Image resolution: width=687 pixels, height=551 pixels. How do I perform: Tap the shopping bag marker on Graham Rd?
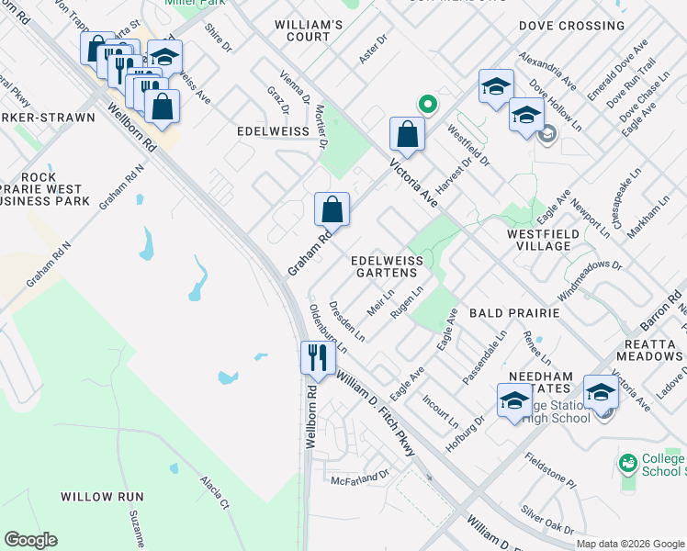[x=332, y=209]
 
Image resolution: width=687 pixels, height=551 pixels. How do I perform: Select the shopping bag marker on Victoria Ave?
[x=407, y=134]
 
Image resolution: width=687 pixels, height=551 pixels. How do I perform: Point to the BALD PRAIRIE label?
[x=513, y=313]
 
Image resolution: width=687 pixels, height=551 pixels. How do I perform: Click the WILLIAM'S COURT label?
[x=309, y=30]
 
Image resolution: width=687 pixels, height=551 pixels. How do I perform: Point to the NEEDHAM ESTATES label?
[x=542, y=383]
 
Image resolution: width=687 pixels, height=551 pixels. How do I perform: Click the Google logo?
[x=31, y=540]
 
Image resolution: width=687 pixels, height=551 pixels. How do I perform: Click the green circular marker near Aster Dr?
[x=426, y=105]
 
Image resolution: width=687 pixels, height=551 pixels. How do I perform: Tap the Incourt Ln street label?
[x=440, y=413]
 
